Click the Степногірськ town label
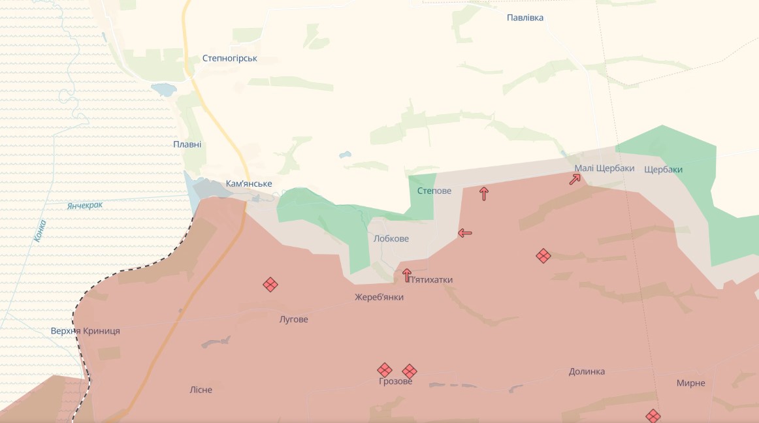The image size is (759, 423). [x=230, y=58]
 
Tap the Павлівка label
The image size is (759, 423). [x=525, y=18]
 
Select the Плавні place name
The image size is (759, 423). [x=187, y=144]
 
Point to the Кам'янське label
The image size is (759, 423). [x=249, y=183]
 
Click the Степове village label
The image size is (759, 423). [x=434, y=191]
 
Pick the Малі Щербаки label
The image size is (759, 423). [x=604, y=168]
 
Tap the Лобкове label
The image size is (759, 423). [x=391, y=238]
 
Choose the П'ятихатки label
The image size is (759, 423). [x=431, y=279]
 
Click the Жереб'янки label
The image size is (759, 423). [x=379, y=297]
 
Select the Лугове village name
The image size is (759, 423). [x=293, y=319]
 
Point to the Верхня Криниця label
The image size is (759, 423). [x=86, y=331]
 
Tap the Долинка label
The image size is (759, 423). [x=587, y=371]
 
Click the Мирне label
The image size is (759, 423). [x=690, y=383]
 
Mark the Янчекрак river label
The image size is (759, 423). [x=85, y=206]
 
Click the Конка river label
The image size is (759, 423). [x=40, y=231]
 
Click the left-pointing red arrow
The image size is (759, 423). [x=464, y=233]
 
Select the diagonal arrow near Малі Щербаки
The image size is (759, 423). [x=575, y=179]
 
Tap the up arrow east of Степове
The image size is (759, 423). [x=484, y=193]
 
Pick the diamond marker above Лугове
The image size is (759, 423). [x=270, y=284]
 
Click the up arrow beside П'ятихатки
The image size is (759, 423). [x=407, y=275]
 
